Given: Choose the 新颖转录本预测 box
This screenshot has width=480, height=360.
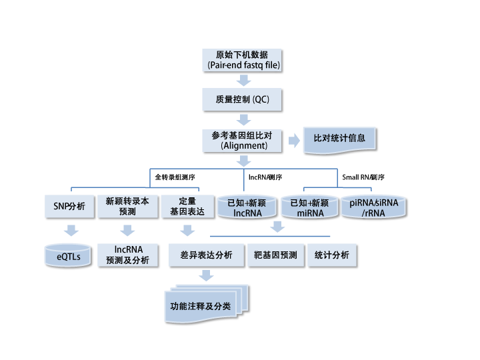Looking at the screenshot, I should (127, 206).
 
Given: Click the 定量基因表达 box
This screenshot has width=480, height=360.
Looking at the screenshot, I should (187, 206).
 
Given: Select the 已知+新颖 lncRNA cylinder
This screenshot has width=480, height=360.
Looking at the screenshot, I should (247, 207).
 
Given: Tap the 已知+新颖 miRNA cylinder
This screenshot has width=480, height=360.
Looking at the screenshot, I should (306, 207).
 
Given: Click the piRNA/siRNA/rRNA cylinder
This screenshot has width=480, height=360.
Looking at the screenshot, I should (373, 207).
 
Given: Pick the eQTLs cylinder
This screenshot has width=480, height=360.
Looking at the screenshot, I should (69, 255).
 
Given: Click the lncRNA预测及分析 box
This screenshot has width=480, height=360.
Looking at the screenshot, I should (127, 255).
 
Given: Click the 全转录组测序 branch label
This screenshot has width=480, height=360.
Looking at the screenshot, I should (175, 177).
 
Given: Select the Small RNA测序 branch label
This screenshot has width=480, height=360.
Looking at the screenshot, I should (363, 177).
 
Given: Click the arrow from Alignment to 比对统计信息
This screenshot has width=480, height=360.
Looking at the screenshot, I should (293, 141).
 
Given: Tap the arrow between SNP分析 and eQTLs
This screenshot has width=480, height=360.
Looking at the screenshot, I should (70, 231).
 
